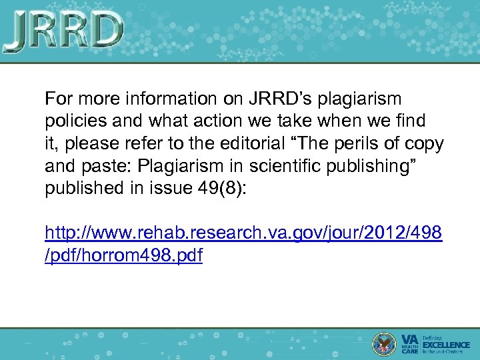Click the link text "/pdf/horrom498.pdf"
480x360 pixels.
(123, 255)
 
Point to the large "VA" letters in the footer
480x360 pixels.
(410, 339)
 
